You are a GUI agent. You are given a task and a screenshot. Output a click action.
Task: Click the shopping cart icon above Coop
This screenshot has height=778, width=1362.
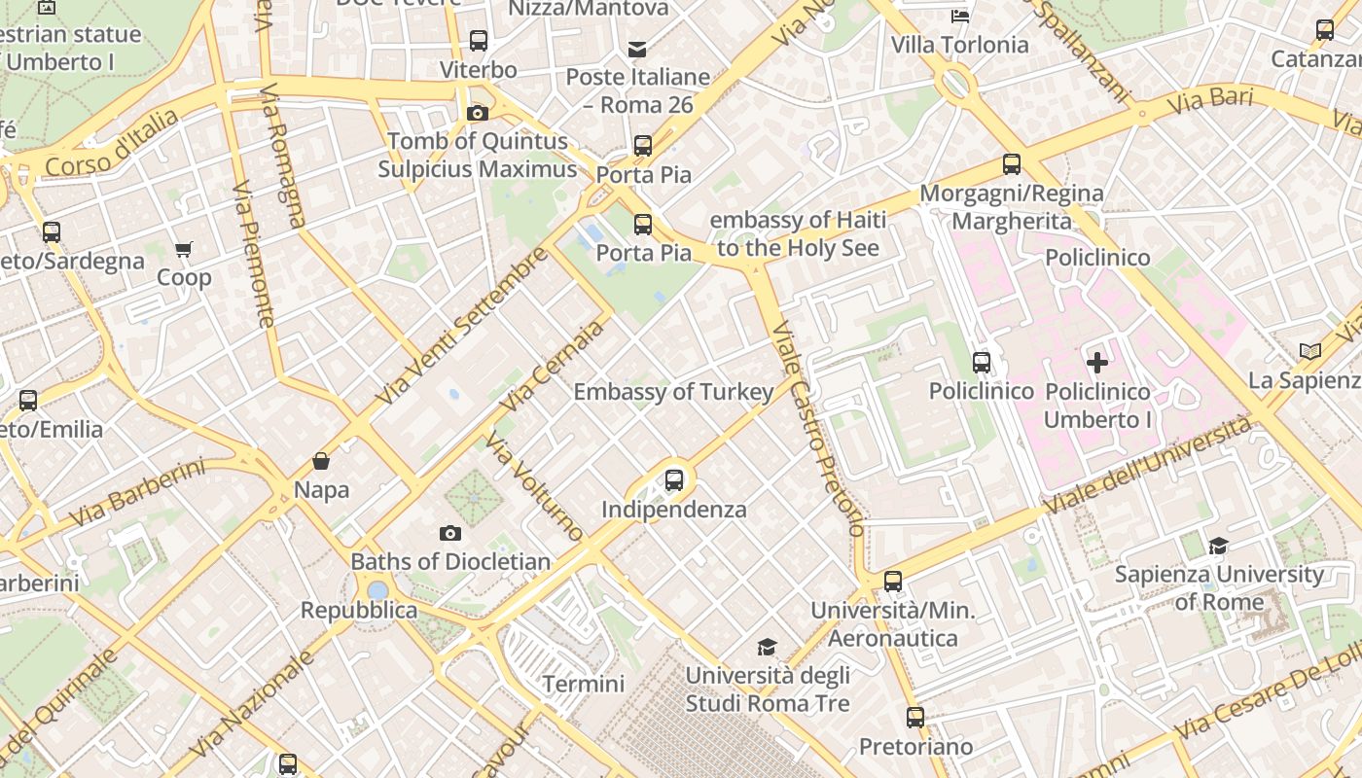[x=184, y=249]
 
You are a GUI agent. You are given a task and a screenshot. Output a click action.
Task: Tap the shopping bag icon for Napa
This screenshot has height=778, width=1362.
[x=321, y=461]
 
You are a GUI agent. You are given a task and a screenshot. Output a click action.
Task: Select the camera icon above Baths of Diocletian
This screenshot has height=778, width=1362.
[x=449, y=533]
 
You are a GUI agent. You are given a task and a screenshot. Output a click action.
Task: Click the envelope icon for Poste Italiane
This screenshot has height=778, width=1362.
[x=637, y=49]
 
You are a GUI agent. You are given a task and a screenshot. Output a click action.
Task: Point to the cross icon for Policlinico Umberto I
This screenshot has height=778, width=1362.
[x=1097, y=364]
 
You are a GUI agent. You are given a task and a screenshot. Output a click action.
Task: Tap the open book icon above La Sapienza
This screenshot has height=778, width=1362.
[x=1310, y=351]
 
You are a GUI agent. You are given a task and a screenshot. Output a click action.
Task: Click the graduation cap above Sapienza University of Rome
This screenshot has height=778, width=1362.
[x=1218, y=546]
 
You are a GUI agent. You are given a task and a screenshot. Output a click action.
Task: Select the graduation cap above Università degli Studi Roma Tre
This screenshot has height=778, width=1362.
[x=768, y=647]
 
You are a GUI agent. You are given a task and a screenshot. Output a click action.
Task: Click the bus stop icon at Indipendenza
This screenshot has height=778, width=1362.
[x=673, y=479]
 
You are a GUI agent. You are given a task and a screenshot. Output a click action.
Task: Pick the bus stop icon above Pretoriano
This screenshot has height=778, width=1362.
[x=915, y=718]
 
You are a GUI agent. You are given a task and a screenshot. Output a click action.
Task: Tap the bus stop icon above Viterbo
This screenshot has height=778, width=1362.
[x=479, y=41]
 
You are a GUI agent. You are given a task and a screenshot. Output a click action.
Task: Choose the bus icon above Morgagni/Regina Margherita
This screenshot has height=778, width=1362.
[x=1012, y=164]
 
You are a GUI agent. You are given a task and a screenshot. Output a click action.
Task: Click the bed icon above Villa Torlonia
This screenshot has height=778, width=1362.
[x=960, y=16]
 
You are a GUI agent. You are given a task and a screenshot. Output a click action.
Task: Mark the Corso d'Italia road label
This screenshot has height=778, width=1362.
[x=113, y=144]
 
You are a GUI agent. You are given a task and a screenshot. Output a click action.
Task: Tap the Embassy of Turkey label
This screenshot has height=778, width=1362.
[x=673, y=392]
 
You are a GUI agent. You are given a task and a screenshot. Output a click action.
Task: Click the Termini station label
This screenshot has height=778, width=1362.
[x=584, y=684]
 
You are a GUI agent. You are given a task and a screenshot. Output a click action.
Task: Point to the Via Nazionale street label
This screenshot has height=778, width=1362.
[x=252, y=705]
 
